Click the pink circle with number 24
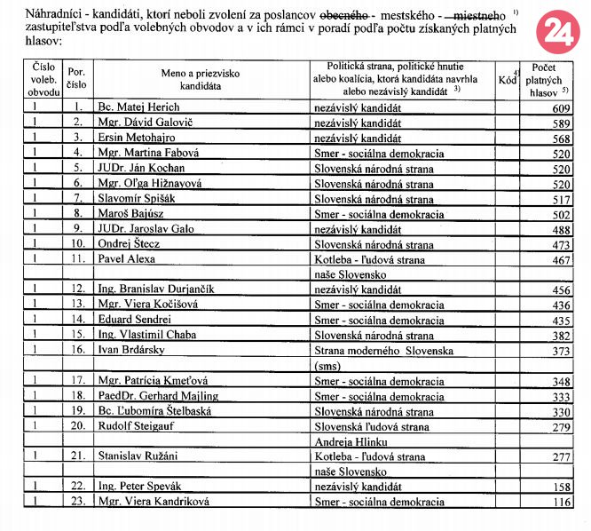557,32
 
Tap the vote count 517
558,200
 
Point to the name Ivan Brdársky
132,352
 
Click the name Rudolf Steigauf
136,427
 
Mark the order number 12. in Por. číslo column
78,289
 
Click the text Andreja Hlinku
352,441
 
